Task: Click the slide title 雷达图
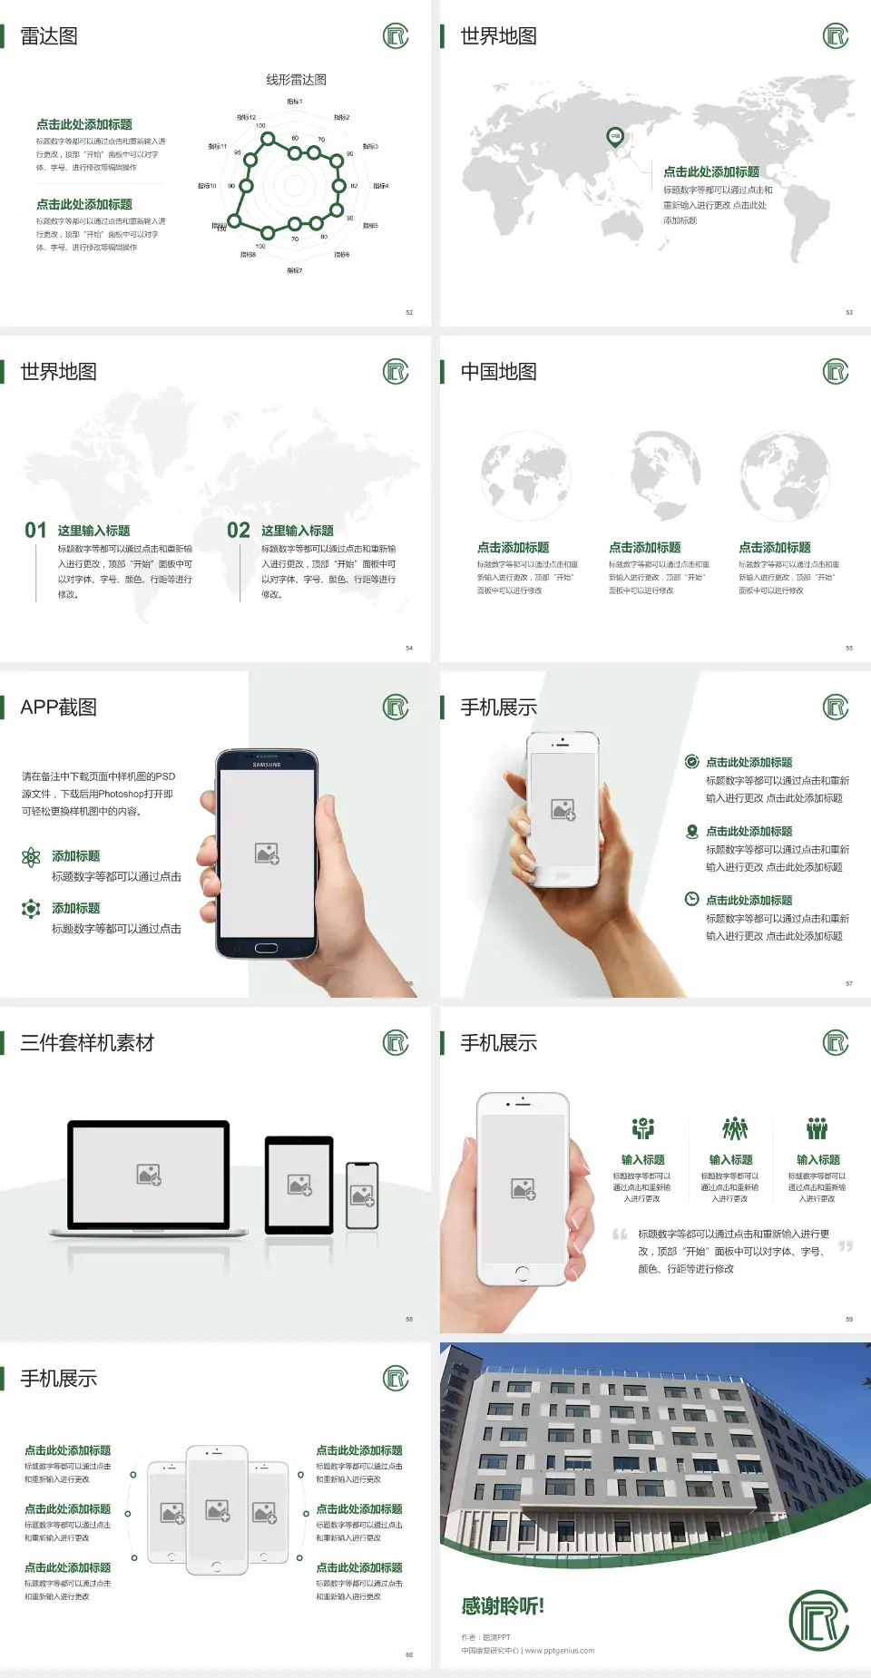pos(49,36)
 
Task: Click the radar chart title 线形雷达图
pos(296,80)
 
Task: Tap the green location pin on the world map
pos(615,137)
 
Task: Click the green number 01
pos(35,531)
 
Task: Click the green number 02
pos(239,531)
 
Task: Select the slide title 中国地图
pos(498,372)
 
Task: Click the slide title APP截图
pos(59,707)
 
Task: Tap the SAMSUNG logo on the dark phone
pos(267,765)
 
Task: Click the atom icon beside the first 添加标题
pos(31,857)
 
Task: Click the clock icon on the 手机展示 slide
pos(691,899)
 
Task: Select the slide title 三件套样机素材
pos(87,1043)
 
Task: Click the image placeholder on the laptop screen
pos(149,1175)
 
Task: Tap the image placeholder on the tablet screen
pos(299,1185)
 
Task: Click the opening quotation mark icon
pos(620,1234)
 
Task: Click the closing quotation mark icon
pos(846,1246)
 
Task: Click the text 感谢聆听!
pos(503,1606)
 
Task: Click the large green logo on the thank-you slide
pos(818,1620)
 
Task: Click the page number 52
pos(409,313)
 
